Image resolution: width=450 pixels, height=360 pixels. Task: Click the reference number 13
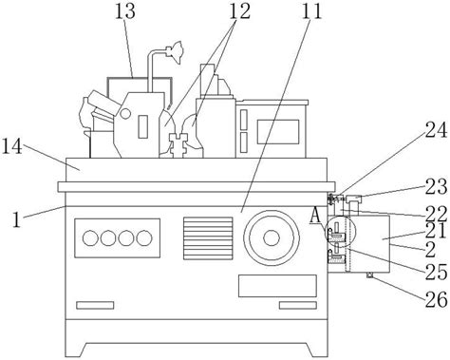[x=124, y=11]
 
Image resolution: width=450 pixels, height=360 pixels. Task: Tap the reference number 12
[x=239, y=11]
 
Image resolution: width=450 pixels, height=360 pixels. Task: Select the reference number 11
[x=311, y=10]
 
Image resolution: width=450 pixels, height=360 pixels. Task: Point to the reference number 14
[x=12, y=147]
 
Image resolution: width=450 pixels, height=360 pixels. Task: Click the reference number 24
[x=436, y=130]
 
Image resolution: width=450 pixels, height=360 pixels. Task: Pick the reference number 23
[x=436, y=186]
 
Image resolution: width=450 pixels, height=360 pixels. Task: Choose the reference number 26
[x=436, y=299]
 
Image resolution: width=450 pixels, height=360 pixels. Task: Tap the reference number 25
[x=436, y=272]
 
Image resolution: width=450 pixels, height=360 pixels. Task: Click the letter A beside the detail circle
[x=315, y=216]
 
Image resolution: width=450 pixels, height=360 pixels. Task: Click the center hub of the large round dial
[x=272, y=237]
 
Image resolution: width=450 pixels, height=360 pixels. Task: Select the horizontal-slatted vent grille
[x=208, y=238]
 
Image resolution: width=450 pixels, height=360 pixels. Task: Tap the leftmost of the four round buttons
[x=90, y=238]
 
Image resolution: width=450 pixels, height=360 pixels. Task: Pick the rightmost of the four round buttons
[x=144, y=238]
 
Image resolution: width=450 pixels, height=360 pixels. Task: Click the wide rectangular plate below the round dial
[x=277, y=286]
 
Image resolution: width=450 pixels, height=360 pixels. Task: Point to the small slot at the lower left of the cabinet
[x=95, y=305]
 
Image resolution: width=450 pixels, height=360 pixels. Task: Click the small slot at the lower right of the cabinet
[x=298, y=305]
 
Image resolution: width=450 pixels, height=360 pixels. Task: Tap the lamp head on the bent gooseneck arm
[x=174, y=51]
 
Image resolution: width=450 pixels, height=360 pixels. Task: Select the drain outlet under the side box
[x=370, y=275]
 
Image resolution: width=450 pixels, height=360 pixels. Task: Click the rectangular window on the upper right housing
[x=278, y=132]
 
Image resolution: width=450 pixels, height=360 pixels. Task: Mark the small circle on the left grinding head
[x=125, y=114]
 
